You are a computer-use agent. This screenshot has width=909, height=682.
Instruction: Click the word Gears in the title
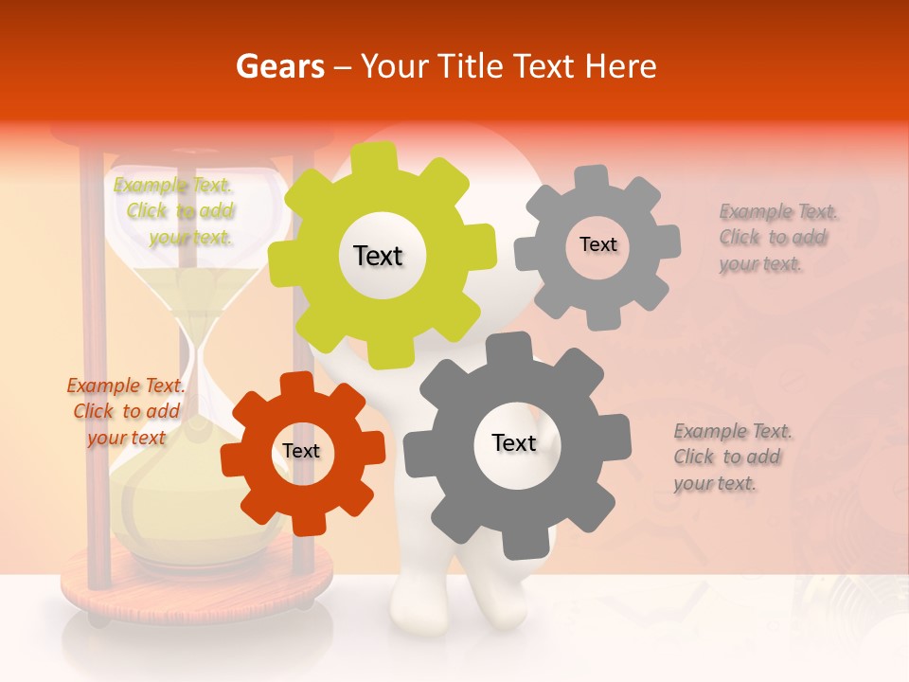point(279,66)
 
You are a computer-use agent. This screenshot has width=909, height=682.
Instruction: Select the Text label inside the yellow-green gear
point(378,256)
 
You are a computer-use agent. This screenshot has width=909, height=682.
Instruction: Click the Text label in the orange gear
point(301,451)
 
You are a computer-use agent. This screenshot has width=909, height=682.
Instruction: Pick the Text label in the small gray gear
point(597,244)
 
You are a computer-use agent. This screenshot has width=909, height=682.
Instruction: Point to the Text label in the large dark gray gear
point(514,442)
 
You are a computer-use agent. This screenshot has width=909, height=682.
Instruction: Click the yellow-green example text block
point(174,211)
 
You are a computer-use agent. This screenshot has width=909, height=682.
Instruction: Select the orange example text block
point(127,411)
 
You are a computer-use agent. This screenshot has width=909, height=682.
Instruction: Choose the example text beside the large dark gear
point(733,457)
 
